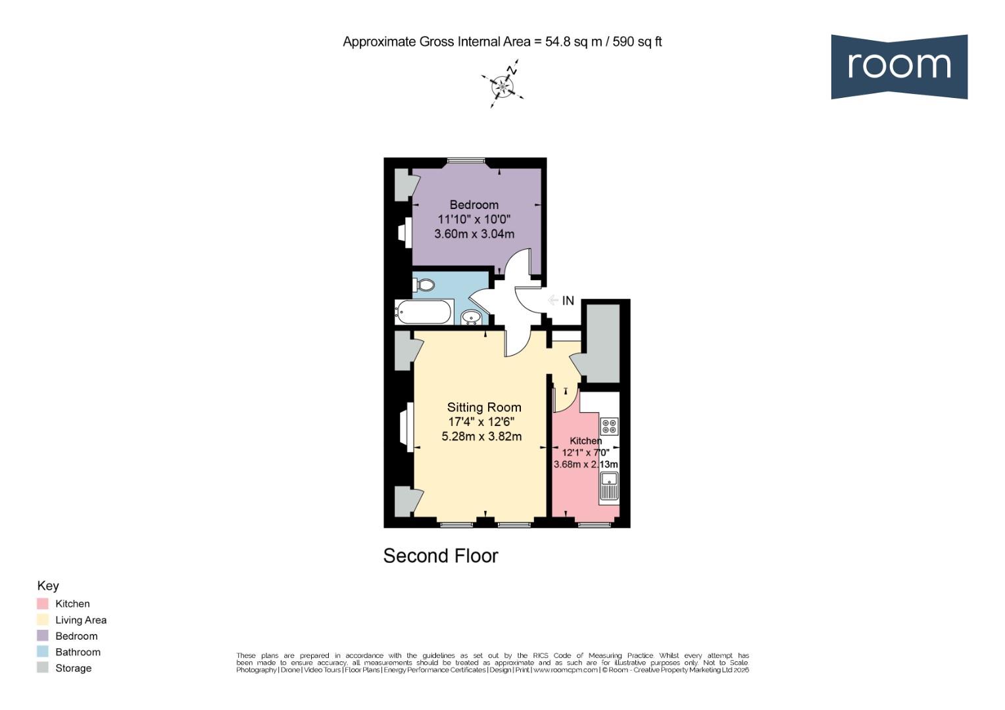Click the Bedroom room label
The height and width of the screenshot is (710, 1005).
(474, 204)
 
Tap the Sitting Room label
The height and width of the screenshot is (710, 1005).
(484, 407)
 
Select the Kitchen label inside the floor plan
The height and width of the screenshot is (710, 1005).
(585, 440)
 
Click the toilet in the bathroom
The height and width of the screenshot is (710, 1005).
(424, 285)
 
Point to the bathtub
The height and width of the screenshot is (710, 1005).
(424, 312)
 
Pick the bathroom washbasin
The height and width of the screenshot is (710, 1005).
(471, 318)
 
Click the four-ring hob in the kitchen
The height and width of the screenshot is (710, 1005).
(609, 426)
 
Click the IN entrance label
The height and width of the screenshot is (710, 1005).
(568, 300)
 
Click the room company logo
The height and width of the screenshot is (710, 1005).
(898, 66)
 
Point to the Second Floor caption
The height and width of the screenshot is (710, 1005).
(441, 556)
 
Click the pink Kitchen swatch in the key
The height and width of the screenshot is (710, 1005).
(43, 603)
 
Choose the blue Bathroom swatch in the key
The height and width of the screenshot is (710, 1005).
(43, 652)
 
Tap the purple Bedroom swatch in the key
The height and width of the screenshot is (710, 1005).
(43, 636)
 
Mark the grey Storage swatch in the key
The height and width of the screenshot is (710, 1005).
(43, 668)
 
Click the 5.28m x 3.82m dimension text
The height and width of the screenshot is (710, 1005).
(481, 436)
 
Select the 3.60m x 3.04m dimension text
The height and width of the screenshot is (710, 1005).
(474, 233)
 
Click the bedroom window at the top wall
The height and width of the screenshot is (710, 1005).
(466, 160)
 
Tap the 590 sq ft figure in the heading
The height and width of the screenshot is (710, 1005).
(637, 42)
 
